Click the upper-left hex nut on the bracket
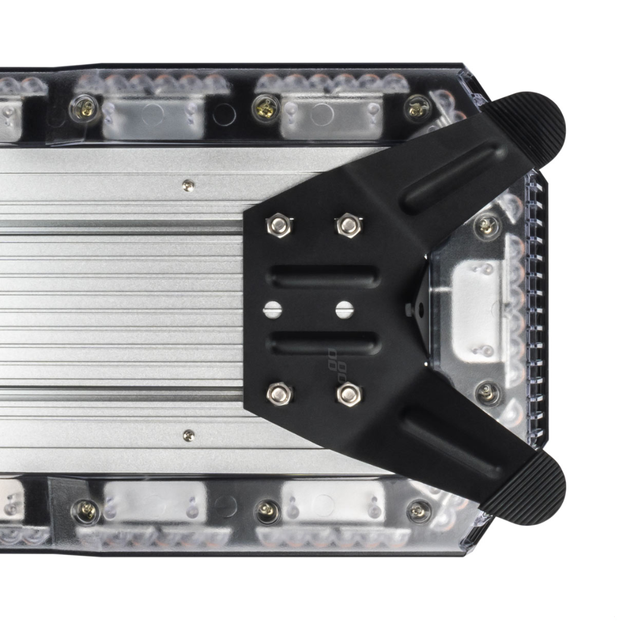[279, 225]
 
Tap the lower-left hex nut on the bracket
[279, 393]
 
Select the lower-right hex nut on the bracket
[349, 393]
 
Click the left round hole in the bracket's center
[272, 309]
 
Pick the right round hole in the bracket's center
[344, 309]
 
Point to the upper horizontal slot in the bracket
[325, 276]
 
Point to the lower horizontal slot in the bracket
[325, 342]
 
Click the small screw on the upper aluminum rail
[188, 185]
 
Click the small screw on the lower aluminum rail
[188, 435]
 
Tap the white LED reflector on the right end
[479, 309]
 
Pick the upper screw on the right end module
[487, 225]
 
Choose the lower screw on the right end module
[487, 391]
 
